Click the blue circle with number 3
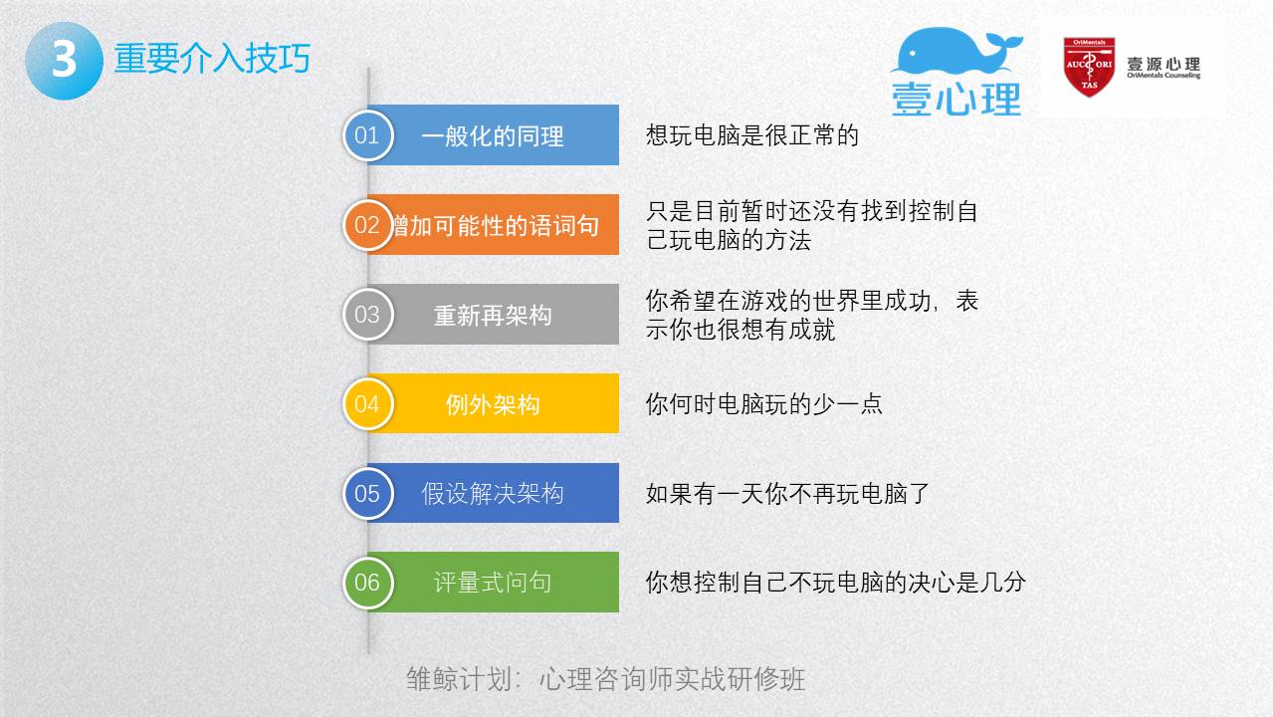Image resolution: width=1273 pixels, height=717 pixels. pyautogui.click(x=65, y=61)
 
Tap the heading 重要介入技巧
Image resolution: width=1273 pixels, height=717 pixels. pyautogui.click(x=212, y=58)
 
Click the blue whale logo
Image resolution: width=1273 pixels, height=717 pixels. pyautogui.click(x=956, y=51)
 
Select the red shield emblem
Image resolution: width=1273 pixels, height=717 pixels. pyautogui.click(x=1089, y=67)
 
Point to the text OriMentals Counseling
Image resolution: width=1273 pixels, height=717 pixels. pyautogui.click(x=1164, y=76)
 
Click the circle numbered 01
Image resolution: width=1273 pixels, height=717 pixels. pyautogui.click(x=367, y=135)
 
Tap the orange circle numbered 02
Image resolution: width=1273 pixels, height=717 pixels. pyautogui.click(x=367, y=225)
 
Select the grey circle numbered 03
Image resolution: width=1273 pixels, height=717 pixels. pyautogui.click(x=367, y=315)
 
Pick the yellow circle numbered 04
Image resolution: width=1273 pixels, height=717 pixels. pyautogui.click(x=367, y=403)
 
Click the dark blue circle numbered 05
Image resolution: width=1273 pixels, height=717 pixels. pyautogui.click(x=367, y=493)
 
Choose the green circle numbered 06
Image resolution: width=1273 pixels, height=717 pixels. pyautogui.click(x=367, y=583)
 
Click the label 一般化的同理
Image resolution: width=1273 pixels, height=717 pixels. pyautogui.click(x=492, y=136)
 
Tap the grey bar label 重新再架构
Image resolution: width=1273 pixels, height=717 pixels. pyautogui.click(x=492, y=316)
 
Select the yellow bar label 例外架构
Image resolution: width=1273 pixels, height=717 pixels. pyautogui.click(x=492, y=405)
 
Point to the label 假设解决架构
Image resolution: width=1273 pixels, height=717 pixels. pyautogui.click(x=492, y=494)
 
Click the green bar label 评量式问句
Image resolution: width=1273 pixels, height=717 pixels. pyautogui.click(x=492, y=583)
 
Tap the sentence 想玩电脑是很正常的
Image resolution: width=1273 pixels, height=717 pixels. pyautogui.click(x=751, y=135)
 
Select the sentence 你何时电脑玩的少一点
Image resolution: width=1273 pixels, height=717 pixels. pyautogui.click(x=763, y=404)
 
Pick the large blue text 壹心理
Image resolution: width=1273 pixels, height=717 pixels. pyautogui.click(x=956, y=100)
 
